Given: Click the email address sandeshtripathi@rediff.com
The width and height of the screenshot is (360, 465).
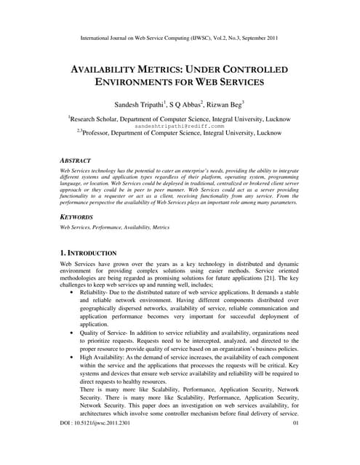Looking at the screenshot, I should coord(179,126).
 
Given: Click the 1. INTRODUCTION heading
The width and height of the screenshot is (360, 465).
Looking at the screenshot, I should coord(88,252).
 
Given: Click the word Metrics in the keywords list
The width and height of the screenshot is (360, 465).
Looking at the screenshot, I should coord(159,227).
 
